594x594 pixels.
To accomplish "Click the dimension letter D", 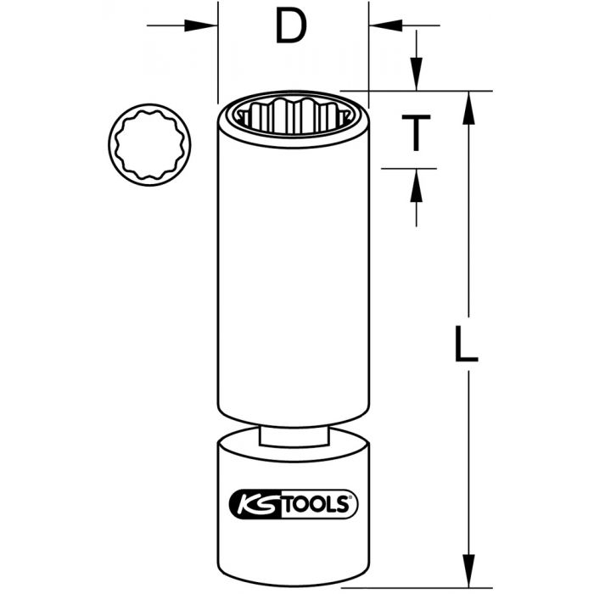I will click(x=291, y=28).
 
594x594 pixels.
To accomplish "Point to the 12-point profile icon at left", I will click(x=150, y=143).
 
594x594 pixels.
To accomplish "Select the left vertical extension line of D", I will click(x=218, y=51).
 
